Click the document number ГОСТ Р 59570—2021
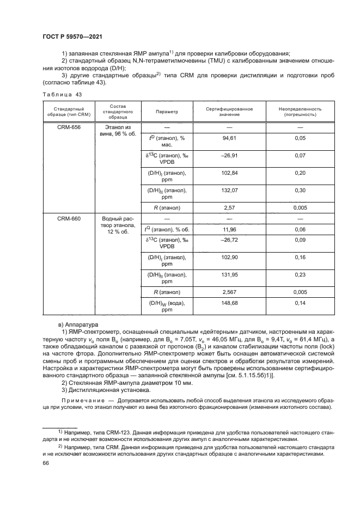[72, 36]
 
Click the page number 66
[45, 462]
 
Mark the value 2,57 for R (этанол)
[229, 207]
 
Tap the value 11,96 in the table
[229, 229]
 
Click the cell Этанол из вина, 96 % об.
[114, 130]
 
